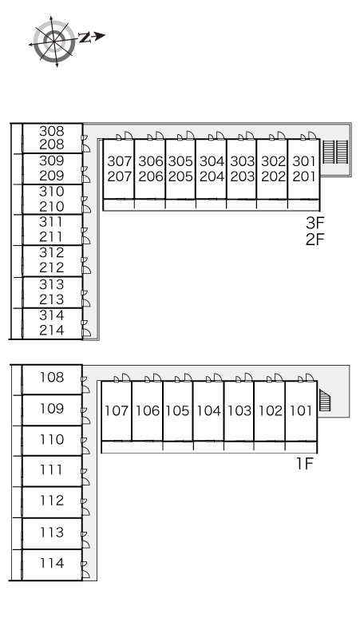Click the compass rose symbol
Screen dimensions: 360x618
[x=54, y=41]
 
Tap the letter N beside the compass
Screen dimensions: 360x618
[x=85, y=38]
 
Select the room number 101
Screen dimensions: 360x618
[x=301, y=410]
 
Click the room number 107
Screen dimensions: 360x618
[x=117, y=410]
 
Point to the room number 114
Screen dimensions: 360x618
[x=52, y=563]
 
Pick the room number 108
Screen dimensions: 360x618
[x=52, y=378]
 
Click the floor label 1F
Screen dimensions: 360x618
[x=304, y=464]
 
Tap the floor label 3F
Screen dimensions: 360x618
[x=315, y=223]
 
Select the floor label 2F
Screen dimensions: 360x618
[x=315, y=239]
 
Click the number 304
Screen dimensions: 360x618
[x=212, y=161]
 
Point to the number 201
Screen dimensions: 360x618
[x=304, y=176]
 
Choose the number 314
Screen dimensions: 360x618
[x=52, y=315]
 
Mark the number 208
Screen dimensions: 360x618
[x=52, y=145]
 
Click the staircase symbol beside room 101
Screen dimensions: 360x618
[x=325, y=400]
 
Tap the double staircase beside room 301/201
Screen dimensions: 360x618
[x=336, y=152]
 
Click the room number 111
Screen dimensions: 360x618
[x=52, y=469]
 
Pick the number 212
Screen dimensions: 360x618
[x=52, y=267]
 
